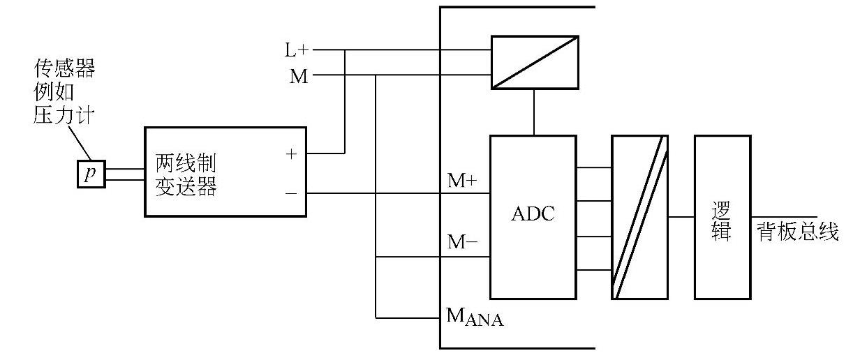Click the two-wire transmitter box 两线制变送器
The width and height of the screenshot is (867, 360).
click(225, 172)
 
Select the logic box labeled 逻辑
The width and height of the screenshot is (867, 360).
click(722, 216)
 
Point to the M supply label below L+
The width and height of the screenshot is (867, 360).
click(299, 76)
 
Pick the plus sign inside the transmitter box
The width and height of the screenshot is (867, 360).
click(292, 154)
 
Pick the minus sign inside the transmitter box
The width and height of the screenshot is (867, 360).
click(292, 193)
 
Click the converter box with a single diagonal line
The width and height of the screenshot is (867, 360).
click(535, 62)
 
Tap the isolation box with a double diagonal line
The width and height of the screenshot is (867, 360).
click(639, 216)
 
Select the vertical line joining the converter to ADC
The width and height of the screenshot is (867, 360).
click(535, 112)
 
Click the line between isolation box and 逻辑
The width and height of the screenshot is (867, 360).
click(681, 217)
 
